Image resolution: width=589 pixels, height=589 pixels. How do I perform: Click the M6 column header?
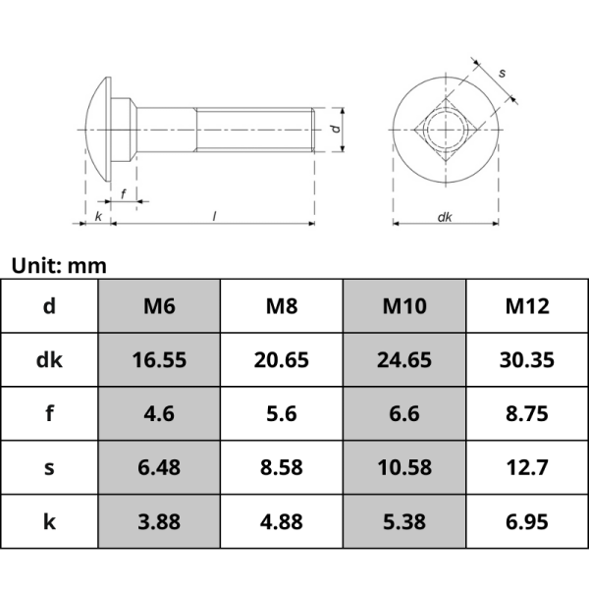tap(159, 306)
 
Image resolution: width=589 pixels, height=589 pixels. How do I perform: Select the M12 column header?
tap(527, 306)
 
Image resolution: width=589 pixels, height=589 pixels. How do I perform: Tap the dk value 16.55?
tap(159, 360)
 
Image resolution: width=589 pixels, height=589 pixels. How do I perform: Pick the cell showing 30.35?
tap(527, 360)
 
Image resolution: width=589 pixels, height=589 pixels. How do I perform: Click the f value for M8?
tap(282, 413)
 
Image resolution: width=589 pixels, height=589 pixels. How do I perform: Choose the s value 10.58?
tap(404, 467)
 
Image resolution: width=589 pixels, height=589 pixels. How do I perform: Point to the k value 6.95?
tap(527, 521)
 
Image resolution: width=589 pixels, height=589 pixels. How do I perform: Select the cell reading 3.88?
tap(159, 521)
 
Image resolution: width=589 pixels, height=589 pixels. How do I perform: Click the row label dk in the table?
tap(49, 360)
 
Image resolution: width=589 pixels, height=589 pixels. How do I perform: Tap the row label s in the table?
tap(49, 467)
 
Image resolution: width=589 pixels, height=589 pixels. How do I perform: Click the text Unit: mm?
tap(59, 265)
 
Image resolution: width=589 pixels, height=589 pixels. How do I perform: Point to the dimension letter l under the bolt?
tap(214, 216)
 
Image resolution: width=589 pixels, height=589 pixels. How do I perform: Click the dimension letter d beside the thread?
tap(334, 130)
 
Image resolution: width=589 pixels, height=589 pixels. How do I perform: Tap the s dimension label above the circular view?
tap(503, 74)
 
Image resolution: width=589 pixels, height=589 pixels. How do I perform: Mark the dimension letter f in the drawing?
tap(123, 193)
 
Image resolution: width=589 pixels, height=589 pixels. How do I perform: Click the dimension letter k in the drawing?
tap(98, 216)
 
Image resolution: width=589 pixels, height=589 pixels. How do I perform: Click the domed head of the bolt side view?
tap(96, 129)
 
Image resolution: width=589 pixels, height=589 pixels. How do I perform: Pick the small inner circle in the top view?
tap(445, 130)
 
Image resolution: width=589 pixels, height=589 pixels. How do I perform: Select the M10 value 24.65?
tap(404, 360)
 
